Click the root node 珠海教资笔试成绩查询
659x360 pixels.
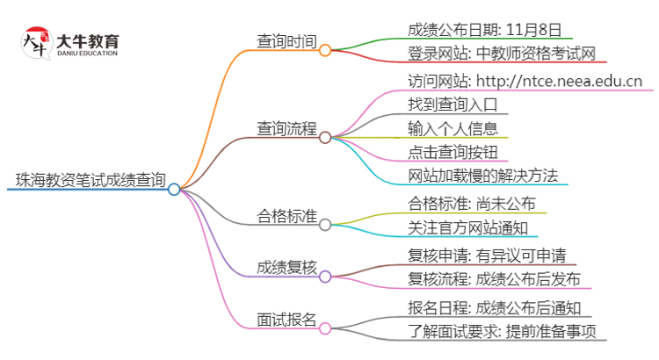pyautogui.click(x=91, y=181)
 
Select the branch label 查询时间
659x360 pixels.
pyautogui.click(x=286, y=41)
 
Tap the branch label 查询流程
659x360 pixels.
pyautogui.click(x=286, y=128)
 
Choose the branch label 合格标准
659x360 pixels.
pyautogui.click(x=286, y=215)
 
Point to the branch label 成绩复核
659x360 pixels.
pyautogui.click(x=286, y=267)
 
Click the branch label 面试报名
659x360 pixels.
pyautogui.click(x=286, y=319)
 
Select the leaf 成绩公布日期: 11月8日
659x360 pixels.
pyautogui.click(x=484, y=28)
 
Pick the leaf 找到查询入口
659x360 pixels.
pyautogui.click(x=452, y=105)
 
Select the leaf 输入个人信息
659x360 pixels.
pyautogui.click(x=452, y=128)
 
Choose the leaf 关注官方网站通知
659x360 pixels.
pyautogui.click(x=467, y=228)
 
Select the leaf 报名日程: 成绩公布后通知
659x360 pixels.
pyautogui.click(x=494, y=307)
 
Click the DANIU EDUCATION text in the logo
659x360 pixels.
pyautogui.click(x=85, y=53)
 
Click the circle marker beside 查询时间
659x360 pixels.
pyautogui.click(x=325, y=50)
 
